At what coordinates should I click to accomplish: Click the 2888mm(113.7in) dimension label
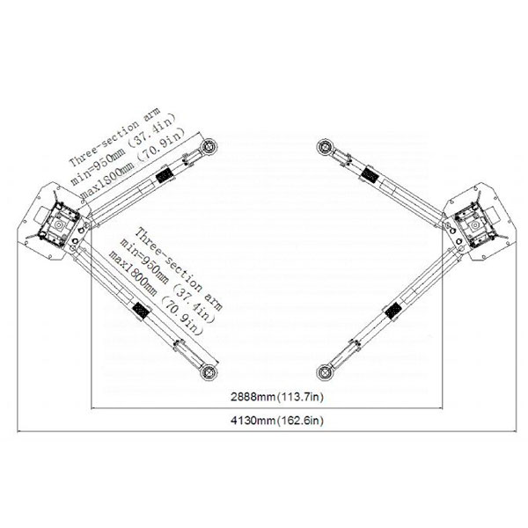click(277, 397)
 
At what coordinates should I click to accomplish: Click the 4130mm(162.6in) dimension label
click(277, 421)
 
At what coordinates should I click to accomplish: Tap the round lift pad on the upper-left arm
click(209, 147)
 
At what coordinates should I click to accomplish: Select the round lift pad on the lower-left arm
click(209, 372)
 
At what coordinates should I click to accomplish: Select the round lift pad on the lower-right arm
click(325, 372)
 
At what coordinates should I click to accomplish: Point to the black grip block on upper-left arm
click(165, 174)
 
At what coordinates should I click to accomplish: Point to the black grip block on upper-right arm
click(369, 175)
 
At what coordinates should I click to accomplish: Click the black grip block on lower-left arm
click(142, 312)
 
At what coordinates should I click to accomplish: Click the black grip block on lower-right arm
click(392, 312)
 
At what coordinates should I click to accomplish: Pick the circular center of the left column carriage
click(59, 224)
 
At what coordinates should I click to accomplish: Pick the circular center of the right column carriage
click(475, 224)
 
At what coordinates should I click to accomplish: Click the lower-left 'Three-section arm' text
click(179, 268)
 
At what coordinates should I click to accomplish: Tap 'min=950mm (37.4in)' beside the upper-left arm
click(123, 149)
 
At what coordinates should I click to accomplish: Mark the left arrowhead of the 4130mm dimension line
click(18, 431)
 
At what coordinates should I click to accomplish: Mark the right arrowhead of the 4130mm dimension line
click(515, 431)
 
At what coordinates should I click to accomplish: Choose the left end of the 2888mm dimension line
click(92, 408)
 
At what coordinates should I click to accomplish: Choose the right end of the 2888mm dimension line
click(442, 408)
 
